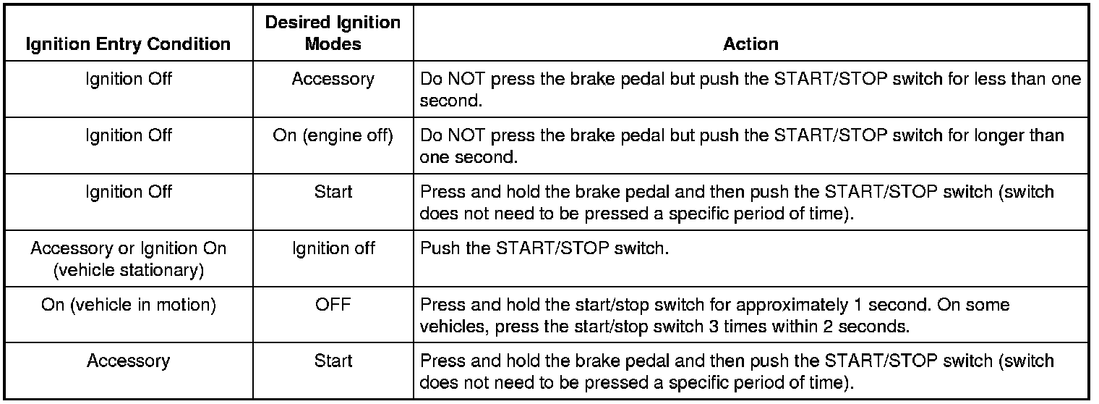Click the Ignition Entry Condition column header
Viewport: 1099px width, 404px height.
pos(128,43)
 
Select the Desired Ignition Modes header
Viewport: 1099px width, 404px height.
pos(333,33)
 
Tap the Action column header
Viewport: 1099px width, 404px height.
pos(751,43)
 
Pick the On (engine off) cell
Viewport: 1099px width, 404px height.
pos(333,135)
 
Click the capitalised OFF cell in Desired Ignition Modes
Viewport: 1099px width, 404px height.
pos(333,304)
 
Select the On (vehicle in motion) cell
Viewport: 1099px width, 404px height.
pos(128,305)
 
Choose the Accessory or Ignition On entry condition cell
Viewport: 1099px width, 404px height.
pos(128,259)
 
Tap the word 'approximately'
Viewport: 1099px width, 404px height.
pos(792,306)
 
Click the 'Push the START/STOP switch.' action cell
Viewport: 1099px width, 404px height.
pos(544,248)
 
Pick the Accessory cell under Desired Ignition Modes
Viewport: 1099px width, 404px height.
pos(333,79)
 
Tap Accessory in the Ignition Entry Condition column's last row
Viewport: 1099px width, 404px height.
pos(128,361)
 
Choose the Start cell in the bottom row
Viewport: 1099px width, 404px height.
pos(333,361)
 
